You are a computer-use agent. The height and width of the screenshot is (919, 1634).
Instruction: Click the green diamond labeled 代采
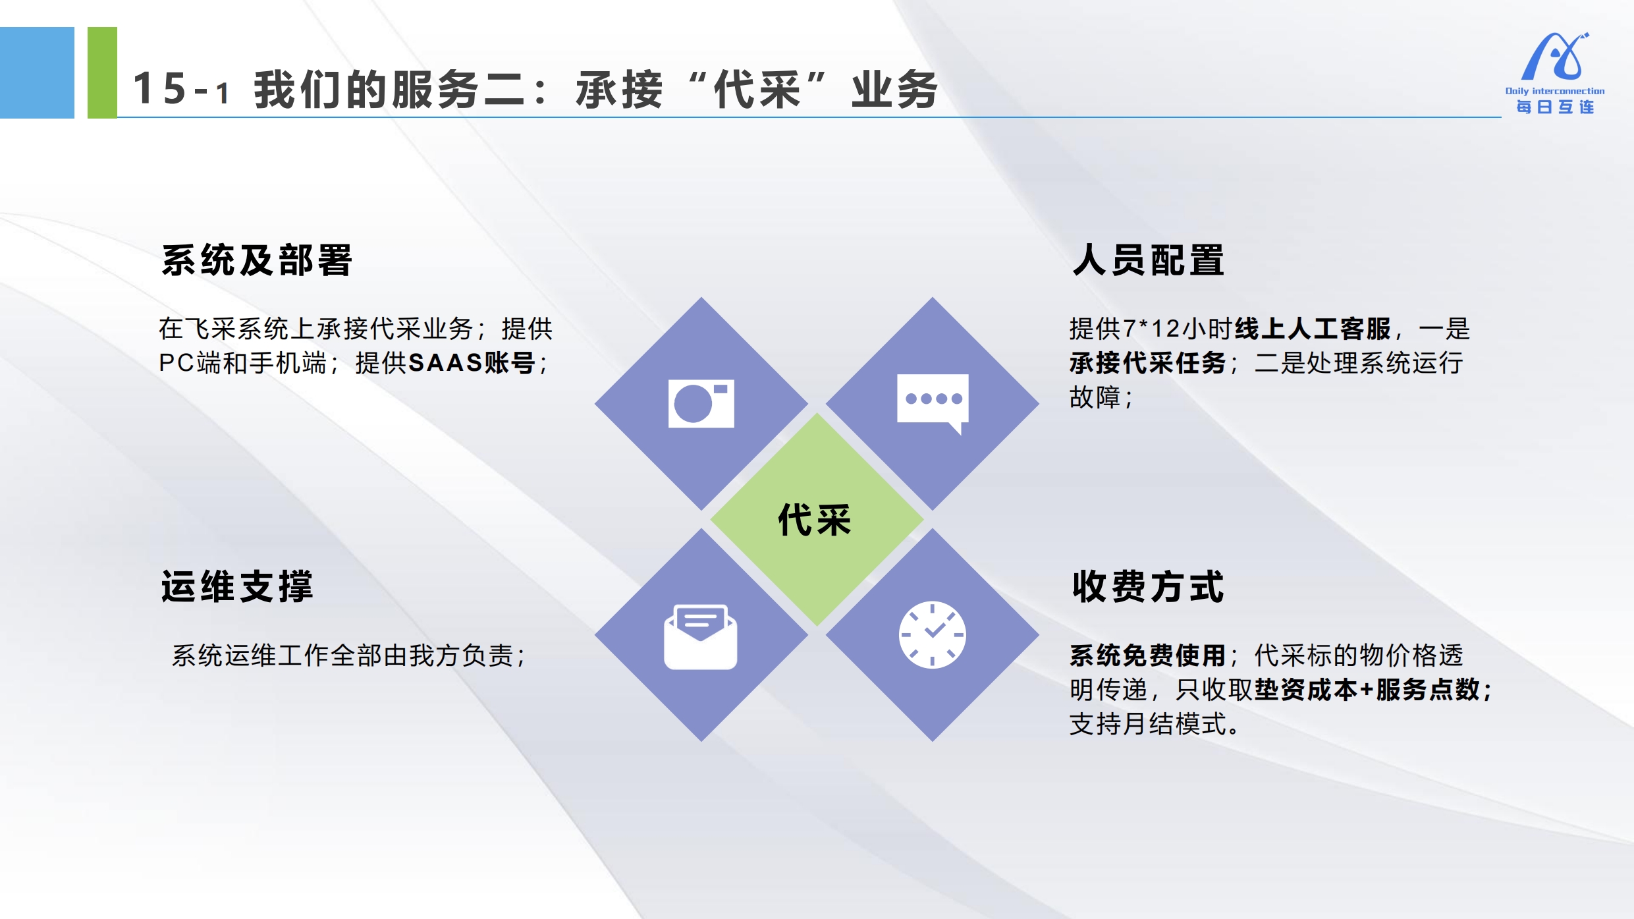[817, 519]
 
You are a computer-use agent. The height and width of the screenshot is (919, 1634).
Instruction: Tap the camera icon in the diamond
[701, 403]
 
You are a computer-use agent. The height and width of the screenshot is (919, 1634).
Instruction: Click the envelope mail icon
[700, 636]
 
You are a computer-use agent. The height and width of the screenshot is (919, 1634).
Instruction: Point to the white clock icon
[933, 634]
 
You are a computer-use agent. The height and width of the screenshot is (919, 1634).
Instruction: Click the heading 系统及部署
[257, 260]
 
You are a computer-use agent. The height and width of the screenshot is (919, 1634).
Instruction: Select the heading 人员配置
[1149, 260]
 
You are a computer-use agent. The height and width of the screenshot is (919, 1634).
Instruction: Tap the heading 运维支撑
[237, 586]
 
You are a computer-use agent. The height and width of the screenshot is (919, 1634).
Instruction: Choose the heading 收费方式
[1149, 586]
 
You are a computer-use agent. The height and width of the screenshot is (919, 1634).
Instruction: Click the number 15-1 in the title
[181, 89]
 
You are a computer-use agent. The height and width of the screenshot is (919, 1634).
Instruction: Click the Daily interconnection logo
[1555, 73]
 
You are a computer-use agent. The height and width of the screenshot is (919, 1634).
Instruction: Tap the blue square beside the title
[37, 72]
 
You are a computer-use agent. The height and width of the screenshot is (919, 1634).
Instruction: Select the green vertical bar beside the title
[102, 72]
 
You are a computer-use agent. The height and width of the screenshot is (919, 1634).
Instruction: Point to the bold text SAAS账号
[472, 363]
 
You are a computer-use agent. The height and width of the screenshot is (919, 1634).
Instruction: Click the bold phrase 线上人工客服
[1313, 329]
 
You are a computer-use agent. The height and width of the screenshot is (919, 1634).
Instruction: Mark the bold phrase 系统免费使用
[1148, 655]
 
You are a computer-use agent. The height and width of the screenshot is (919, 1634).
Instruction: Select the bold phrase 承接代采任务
[1148, 363]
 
